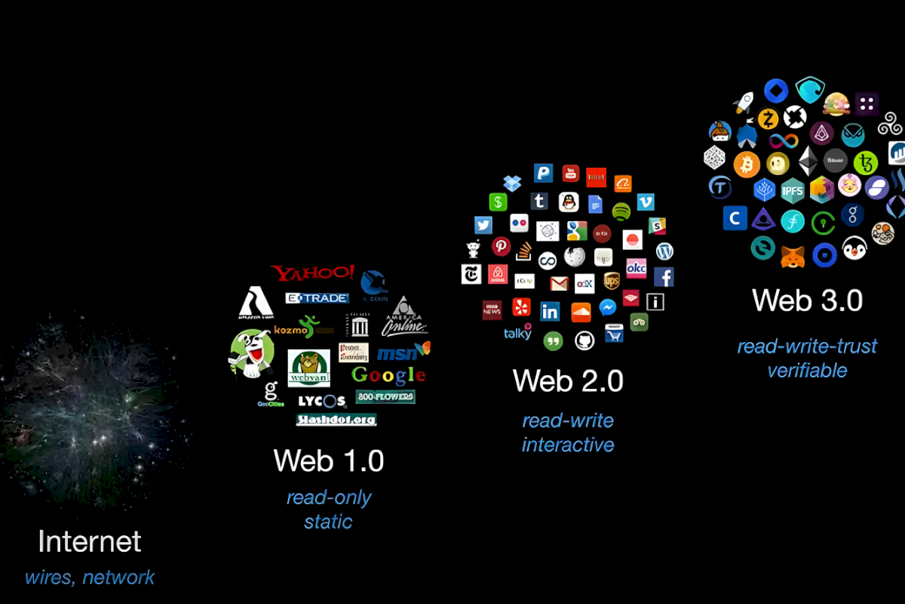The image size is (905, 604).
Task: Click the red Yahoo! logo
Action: coord(313,273)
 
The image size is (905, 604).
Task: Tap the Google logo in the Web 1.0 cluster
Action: coord(388,374)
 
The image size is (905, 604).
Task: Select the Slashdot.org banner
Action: coord(336,420)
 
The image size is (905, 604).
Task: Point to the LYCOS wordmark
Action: coord(321,401)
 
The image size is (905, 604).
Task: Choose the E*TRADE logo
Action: coord(317,297)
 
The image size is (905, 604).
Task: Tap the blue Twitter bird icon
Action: coord(483,225)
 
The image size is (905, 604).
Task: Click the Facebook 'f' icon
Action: coord(664,276)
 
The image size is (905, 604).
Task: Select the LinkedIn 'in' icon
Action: coord(551,311)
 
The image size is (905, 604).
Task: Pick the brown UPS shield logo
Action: coord(611,281)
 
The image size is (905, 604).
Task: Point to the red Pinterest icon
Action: coord(501,246)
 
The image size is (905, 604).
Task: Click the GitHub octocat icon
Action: coord(584,341)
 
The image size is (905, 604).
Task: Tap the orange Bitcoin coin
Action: coord(747,163)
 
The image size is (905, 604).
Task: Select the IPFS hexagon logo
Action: coord(793,190)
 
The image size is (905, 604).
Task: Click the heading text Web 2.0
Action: coord(568,381)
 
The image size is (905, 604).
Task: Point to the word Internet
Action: coord(90,541)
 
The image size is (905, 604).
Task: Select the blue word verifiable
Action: coord(807,371)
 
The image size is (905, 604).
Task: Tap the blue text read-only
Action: coord(329,498)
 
